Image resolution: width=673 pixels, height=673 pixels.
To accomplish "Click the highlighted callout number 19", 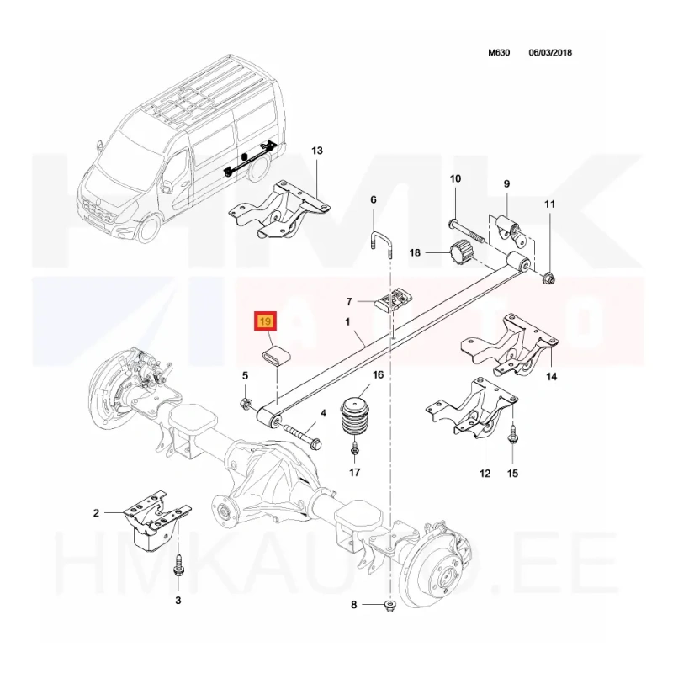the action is [266, 321].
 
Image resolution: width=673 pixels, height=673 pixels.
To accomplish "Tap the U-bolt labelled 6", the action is [382, 245].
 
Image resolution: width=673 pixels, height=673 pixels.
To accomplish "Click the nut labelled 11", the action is [548, 278].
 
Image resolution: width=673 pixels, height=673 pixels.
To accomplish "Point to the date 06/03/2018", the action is [550, 52].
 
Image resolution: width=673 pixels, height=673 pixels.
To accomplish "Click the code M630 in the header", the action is [499, 52].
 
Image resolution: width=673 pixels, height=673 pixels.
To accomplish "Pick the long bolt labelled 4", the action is [302, 436].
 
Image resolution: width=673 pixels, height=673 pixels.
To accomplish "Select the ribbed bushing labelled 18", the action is [460, 252].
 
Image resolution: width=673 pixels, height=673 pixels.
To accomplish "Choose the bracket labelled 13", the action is [279, 209].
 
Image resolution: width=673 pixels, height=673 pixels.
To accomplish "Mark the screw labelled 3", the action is [178, 569].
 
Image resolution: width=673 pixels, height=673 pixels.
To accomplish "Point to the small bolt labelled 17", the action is [354, 450].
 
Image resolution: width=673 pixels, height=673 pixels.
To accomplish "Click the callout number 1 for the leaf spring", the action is [347, 321].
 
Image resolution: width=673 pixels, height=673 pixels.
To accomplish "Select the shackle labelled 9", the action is [511, 232].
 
